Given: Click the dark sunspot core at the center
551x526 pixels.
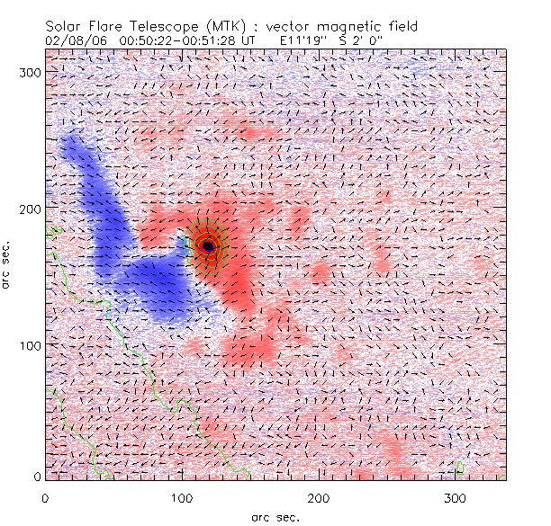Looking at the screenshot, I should click(x=208, y=245).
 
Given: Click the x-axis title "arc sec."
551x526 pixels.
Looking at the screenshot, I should click(x=275, y=516).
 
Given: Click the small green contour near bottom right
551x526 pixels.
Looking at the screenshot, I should click(x=460, y=467).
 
